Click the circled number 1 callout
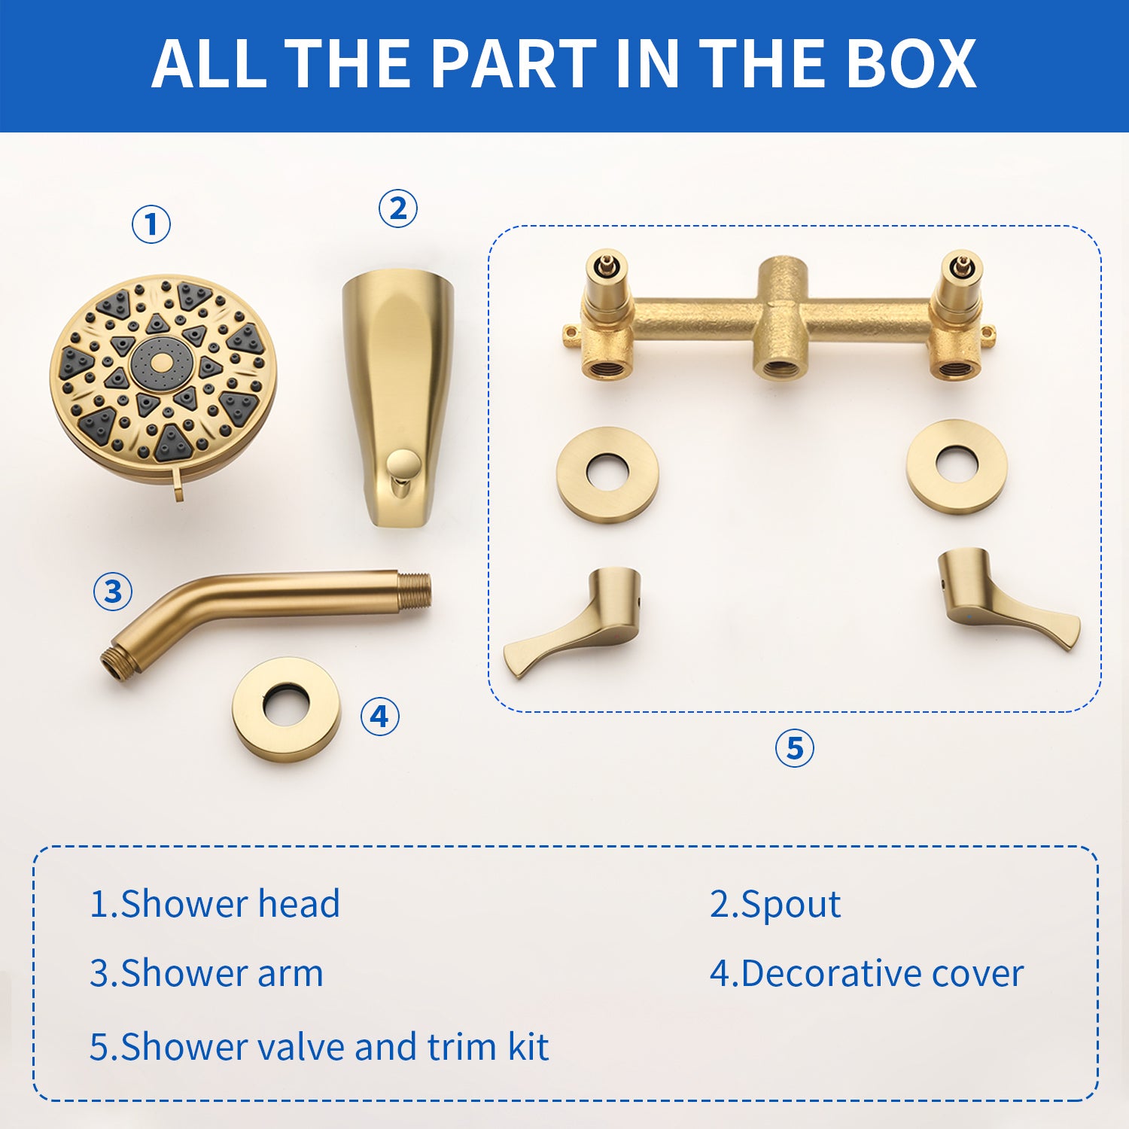point(151,224)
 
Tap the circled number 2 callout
point(397,208)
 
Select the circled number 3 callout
point(113,591)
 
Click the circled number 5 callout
point(795,748)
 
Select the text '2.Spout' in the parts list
point(775,904)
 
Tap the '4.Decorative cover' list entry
point(866,973)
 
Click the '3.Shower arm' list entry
point(206,973)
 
